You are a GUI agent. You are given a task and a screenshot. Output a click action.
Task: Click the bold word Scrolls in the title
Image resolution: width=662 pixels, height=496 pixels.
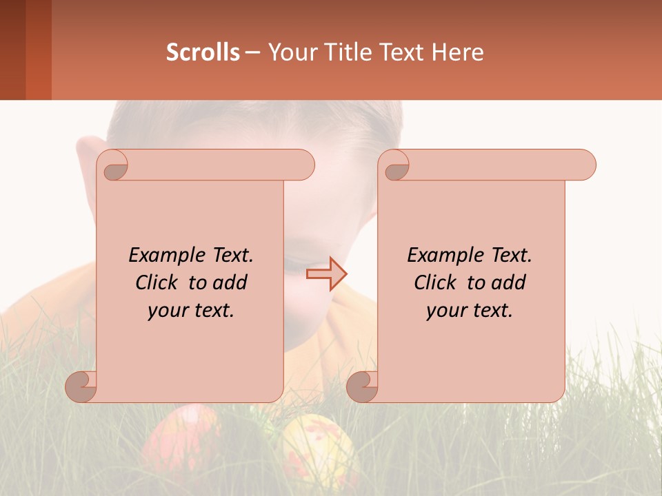(203, 52)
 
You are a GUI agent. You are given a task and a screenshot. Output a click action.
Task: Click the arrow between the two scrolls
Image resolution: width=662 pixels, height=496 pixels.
(327, 274)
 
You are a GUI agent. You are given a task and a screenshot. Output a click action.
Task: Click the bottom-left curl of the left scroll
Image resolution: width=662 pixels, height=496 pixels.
(81, 386)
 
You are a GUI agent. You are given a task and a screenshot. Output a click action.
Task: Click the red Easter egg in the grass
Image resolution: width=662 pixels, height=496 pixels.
(181, 441)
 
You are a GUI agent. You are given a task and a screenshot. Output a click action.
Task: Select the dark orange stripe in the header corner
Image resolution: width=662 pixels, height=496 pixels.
(38, 50)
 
